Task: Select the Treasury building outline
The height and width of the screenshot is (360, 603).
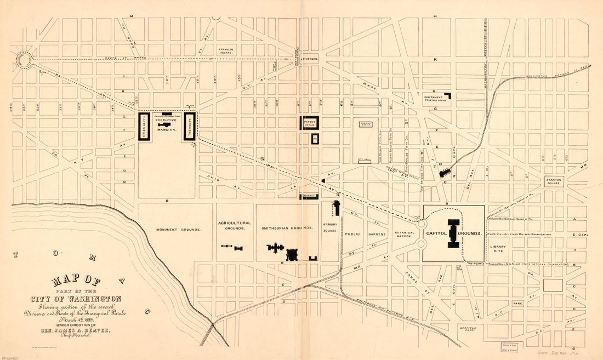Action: coord(190,127)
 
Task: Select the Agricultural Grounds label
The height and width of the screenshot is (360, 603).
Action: coord(235,226)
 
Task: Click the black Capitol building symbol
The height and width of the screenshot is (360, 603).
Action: coord(453,233)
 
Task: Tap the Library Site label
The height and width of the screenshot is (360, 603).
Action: coord(498,249)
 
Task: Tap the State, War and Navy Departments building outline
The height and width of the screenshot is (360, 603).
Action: coord(144,127)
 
